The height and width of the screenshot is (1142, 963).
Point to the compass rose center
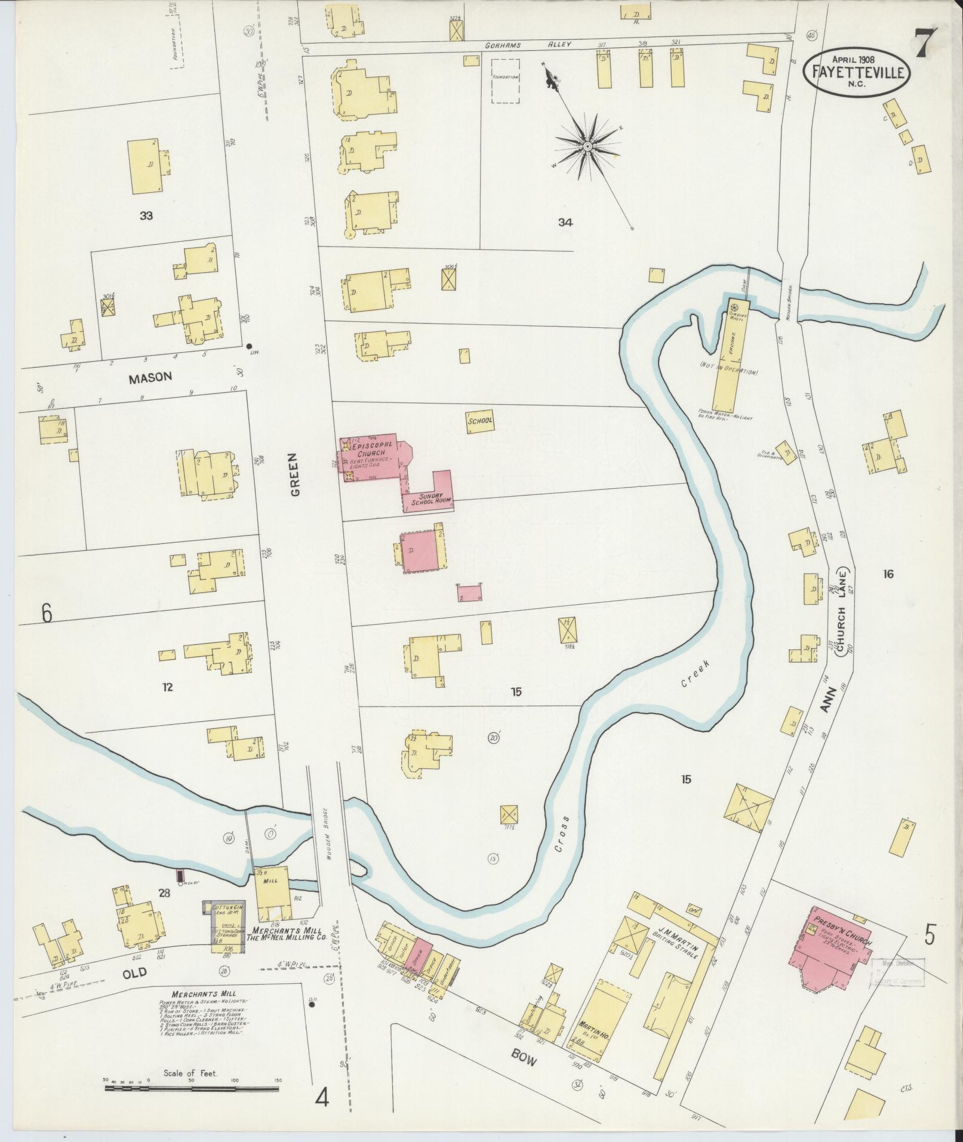[x=587, y=146]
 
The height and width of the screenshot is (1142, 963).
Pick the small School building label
[x=480, y=420]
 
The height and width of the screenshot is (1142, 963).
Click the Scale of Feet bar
[x=191, y=1088]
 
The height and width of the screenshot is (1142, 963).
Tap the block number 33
[x=146, y=216]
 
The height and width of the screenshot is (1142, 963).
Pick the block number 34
[x=565, y=223]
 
